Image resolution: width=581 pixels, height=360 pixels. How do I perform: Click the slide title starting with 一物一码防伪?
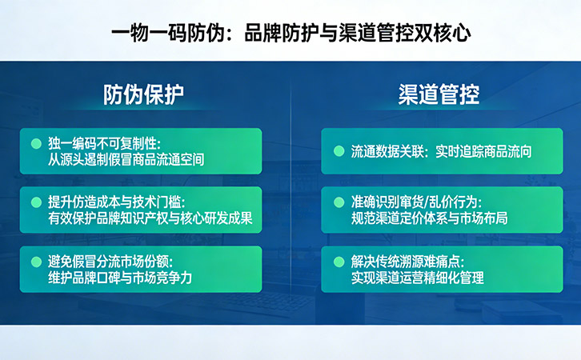(290, 32)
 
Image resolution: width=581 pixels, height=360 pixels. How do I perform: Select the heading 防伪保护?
(144, 94)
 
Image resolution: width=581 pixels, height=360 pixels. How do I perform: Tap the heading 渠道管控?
(439, 94)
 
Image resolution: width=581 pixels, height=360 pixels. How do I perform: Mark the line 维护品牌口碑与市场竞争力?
(121, 278)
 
